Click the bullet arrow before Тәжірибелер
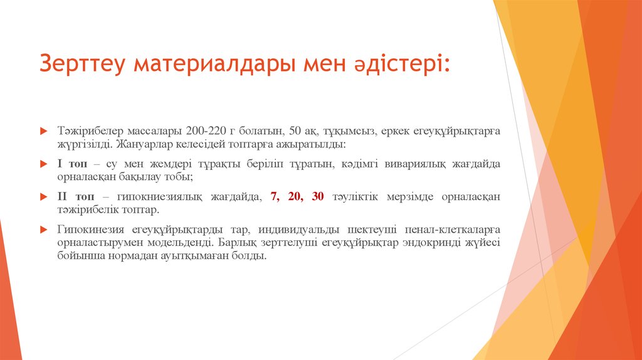43,131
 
